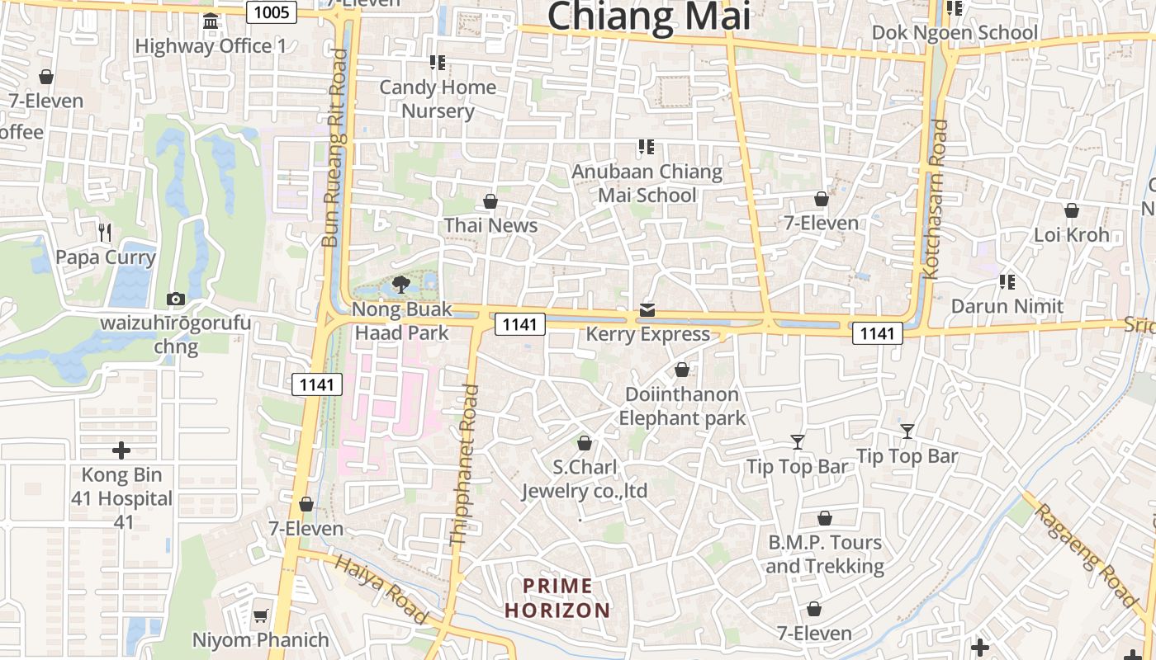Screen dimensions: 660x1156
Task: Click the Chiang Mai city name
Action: point(648,16)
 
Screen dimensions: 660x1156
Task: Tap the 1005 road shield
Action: point(272,12)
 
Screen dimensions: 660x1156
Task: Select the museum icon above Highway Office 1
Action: point(211,21)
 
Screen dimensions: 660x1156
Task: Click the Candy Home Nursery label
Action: point(438,99)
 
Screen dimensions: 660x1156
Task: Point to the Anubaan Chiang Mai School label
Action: point(647,184)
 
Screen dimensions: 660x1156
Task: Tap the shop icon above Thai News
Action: point(490,201)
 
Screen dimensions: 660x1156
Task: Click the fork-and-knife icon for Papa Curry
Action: point(105,233)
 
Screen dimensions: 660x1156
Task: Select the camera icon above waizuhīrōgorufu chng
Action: point(175,299)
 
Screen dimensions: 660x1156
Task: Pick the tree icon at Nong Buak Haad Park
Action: point(401,285)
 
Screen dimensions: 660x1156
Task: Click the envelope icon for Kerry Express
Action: point(647,310)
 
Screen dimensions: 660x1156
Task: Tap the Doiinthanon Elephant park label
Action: point(682,406)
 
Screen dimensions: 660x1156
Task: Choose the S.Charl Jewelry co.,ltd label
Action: point(585,479)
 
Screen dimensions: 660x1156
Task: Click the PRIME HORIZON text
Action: point(558,599)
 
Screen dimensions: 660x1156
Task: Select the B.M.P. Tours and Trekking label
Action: point(825,554)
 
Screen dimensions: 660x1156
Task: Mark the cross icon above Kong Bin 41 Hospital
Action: point(121,450)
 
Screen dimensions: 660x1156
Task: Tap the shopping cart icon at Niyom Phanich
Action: point(261,615)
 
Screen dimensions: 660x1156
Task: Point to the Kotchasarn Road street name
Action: point(934,200)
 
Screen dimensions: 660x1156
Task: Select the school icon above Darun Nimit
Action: point(1007,282)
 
